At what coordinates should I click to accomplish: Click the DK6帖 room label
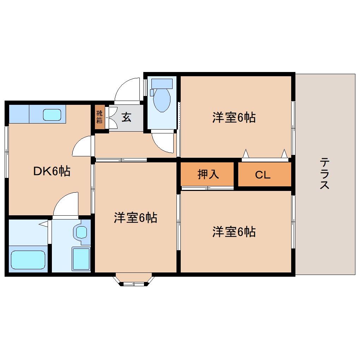(x=52, y=171)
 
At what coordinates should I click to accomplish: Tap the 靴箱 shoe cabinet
(x=100, y=117)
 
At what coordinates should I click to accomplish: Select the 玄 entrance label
(x=126, y=117)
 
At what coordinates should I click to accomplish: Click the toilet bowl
(x=162, y=100)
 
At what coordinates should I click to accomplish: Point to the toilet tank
(x=162, y=84)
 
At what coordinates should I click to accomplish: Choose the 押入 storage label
(x=208, y=174)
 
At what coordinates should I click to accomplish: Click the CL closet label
(x=263, y=175)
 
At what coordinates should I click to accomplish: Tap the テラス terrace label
(x=324, y=174)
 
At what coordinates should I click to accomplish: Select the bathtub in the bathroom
(x=28, y=260)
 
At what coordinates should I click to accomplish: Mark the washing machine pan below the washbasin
(x=81, y=258)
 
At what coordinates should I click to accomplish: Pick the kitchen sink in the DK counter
(x=52, y=115)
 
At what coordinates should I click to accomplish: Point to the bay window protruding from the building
(x=134, y=279)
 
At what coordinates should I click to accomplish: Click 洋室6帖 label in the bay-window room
(x=135, y=218)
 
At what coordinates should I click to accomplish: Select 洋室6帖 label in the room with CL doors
(x=234, y=118)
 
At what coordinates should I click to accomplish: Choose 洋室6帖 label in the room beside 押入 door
(x=234, y=232)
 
